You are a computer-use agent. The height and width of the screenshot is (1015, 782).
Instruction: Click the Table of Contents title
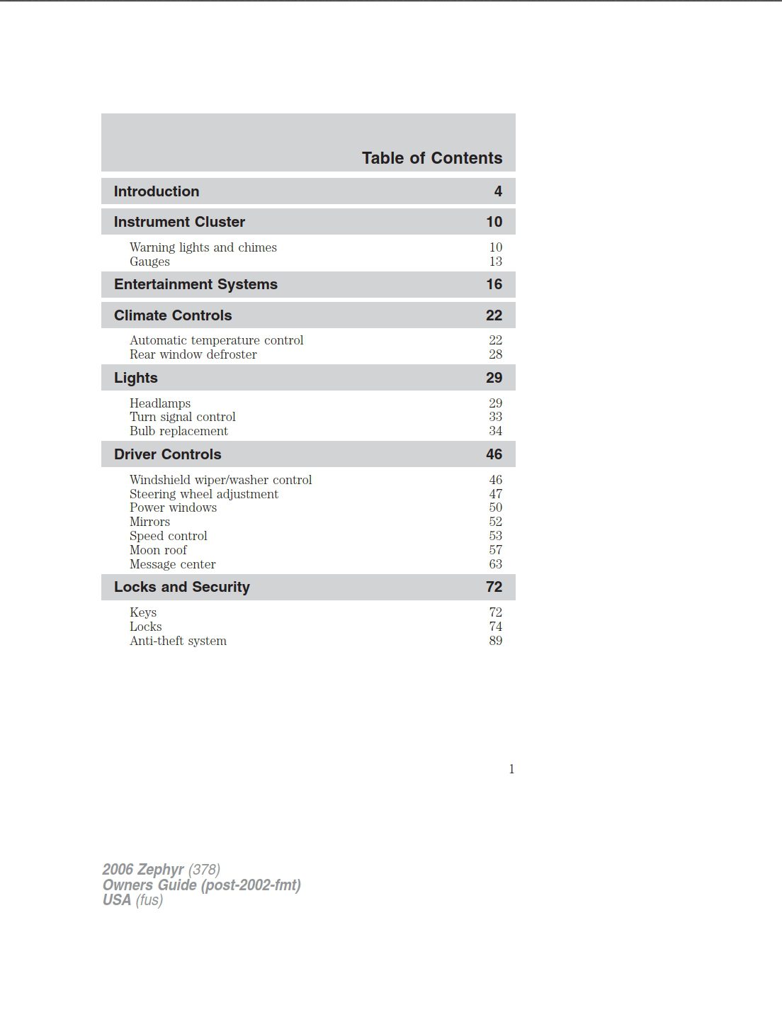(x=431, y=158)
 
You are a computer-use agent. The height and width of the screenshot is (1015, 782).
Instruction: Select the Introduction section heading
(x=157, y=191)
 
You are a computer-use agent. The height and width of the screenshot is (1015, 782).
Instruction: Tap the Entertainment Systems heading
(x=195, y=284)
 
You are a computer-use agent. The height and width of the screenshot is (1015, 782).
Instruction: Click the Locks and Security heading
(x=182, y=587)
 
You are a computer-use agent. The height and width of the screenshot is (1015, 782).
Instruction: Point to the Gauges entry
(x=149, y=262)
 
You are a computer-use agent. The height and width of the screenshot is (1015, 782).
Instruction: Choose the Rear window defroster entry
(x=193, y=354)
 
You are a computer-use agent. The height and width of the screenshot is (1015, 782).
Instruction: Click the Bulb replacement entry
(x=178, y=431)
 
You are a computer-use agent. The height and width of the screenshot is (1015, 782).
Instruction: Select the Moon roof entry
(x=158, y=550)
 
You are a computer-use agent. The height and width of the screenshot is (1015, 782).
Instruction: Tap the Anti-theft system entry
(x=178, y=641)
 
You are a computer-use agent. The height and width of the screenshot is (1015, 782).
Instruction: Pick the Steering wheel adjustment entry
(x=203, y=494)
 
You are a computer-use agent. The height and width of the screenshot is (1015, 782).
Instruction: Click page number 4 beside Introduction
(x=498, y=191)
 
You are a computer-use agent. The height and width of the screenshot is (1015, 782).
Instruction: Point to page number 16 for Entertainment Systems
(x=494, y=284)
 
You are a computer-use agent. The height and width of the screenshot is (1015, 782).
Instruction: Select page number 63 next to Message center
(x=495, y=564)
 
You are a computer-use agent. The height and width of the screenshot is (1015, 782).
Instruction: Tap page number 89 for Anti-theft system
(x=495, y=641)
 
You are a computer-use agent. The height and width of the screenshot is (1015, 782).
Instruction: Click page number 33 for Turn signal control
(x=495, y=417)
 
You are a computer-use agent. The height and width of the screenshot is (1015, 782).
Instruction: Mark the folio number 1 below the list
(x=511, y=769)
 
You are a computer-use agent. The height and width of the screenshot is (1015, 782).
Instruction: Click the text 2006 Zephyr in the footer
(x=143, y=870)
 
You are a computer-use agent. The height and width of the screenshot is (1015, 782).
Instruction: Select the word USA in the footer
(x=117, y=900)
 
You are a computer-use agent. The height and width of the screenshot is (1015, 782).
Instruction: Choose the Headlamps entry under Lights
(x=159, y=403)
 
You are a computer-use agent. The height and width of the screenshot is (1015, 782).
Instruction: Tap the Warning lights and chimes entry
(x=203, y=247)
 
